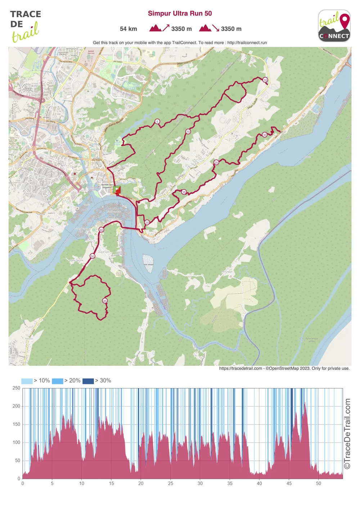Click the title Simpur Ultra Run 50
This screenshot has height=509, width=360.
tap(180, 14)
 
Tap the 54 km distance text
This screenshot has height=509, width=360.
tap(128, 29)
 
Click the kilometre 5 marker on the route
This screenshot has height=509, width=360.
tap(157, 122)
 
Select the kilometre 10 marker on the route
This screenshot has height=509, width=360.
tap(265, 80)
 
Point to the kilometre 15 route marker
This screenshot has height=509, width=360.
tap(188, 132)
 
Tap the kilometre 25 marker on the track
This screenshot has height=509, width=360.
tap(216, 162)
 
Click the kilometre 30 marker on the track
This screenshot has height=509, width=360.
tap(265, 135)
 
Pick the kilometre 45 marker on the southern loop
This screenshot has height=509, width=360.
tap(105, 301)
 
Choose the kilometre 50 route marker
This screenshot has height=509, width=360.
tap(93, 256)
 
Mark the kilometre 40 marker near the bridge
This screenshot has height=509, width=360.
tap(101, 230)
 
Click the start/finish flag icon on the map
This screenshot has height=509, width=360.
tap(117, 190)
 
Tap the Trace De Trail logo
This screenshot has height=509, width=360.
tap(25, 26)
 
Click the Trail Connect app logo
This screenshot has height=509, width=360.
tap(334, 26)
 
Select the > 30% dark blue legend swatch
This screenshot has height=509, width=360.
tap(88, 381)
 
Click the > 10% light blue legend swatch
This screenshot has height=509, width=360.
tap(27, 381)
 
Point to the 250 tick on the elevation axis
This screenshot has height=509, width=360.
tap(17, 388)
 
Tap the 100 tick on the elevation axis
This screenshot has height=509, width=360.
tap(17, 442)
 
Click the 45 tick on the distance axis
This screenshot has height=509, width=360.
tap(289, 483)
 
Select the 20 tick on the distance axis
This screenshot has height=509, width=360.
tap(141, 483)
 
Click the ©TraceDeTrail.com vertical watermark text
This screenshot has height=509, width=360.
tap(347, 433)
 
